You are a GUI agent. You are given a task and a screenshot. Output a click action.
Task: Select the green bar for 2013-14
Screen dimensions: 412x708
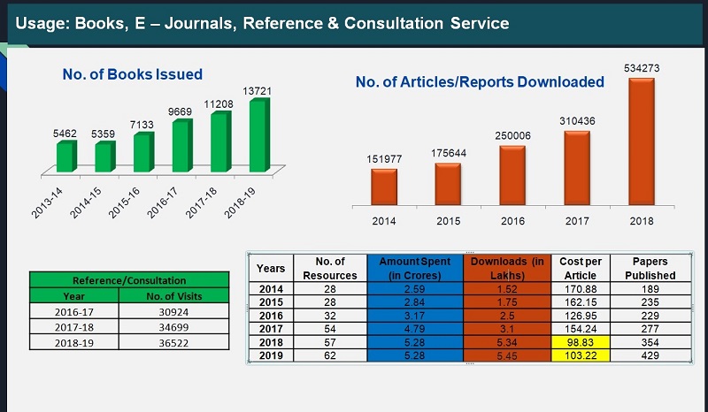(65, 156)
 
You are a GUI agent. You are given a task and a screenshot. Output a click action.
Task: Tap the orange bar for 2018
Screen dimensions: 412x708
(643, 141)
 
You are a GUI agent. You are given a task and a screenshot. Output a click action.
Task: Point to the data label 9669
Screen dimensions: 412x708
(179, 111)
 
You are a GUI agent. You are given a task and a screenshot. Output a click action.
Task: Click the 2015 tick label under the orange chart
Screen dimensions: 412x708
(447, 221)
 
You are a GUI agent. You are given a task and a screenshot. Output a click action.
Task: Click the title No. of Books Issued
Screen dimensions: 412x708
(133, 74)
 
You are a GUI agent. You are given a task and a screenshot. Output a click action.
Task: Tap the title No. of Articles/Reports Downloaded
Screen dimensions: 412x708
(480, 82)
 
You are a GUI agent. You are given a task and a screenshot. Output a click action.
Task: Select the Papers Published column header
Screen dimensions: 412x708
(650, 268)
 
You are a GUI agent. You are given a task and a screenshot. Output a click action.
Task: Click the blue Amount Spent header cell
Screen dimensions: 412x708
(413, 268)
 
